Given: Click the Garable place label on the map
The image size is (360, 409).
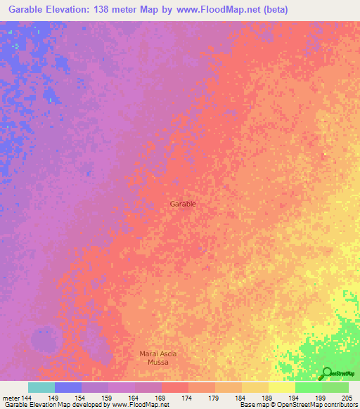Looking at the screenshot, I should coord(183,204).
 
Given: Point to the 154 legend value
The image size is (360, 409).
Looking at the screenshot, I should coord(81,397).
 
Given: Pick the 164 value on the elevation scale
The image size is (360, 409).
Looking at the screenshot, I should coord(134,397).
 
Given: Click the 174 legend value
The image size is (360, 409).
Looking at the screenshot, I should coord(188,397).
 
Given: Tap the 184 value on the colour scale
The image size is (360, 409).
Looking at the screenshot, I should coord(241,397).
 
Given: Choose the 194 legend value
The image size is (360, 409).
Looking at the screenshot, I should coord(295,397).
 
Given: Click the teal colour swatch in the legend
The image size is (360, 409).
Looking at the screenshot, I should coord(41,387).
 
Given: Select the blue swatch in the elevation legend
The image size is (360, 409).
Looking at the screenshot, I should coord(68,387).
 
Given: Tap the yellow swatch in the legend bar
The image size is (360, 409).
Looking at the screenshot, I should coord(282,387).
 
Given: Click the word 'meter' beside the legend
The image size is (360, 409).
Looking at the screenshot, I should coord(10,397).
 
